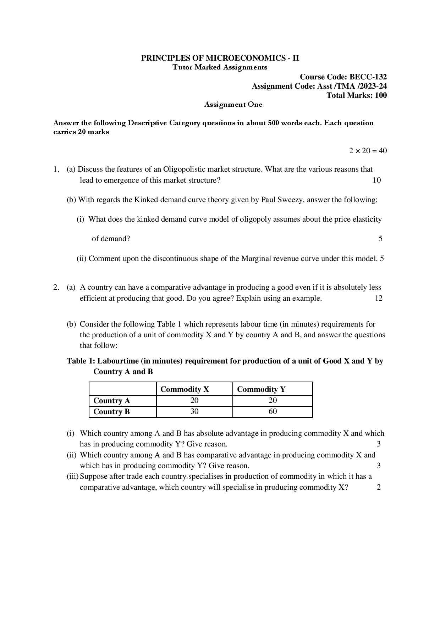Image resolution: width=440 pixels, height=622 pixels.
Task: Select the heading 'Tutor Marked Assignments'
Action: [220, 67]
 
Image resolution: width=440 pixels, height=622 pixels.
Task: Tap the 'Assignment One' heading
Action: [233, 105]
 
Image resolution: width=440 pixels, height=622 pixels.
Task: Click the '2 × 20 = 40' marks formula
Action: [368, 151]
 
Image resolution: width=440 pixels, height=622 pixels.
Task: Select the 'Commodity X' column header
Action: [185, 389]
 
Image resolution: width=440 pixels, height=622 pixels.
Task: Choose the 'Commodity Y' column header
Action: [261, 389]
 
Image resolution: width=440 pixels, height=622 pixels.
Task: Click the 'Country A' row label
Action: [112, 401]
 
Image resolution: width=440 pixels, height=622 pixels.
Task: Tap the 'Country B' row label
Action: [112, 412]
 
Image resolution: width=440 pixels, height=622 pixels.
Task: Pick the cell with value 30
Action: [194, 411]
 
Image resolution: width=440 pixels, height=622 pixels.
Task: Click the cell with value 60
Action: [273, 411]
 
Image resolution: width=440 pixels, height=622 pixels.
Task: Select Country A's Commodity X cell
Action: [194, 400]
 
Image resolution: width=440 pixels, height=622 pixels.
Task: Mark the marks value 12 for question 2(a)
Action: [379, 298]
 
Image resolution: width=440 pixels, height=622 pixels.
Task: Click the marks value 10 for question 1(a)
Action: [376, 180]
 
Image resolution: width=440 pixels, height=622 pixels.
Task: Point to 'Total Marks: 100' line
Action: [357, 95]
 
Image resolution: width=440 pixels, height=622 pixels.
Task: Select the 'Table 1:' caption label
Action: [81, 361]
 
